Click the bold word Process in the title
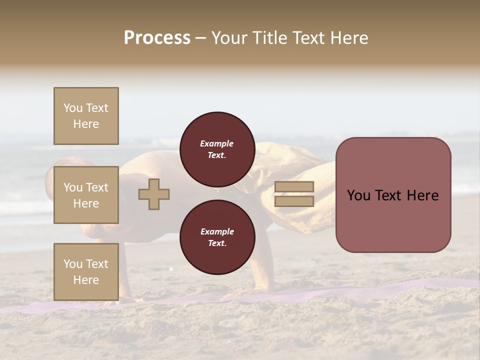(157, 38)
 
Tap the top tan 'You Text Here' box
(86, 116)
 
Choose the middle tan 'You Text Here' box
(86, 195)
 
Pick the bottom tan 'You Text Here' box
(86, 272)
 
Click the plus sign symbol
(154, 194)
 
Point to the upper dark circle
(217, 149)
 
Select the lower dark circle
(217, 237)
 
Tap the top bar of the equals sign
(294, 187)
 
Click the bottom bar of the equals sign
(294, 201)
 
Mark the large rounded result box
(393, 220)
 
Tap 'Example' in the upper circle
(217, 143)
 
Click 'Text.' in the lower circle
(217, 243)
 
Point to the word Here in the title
(348, 38)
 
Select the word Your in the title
(229, 38)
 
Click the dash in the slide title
(200, 38)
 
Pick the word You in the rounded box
(359, 195)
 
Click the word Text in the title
(307, 38)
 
